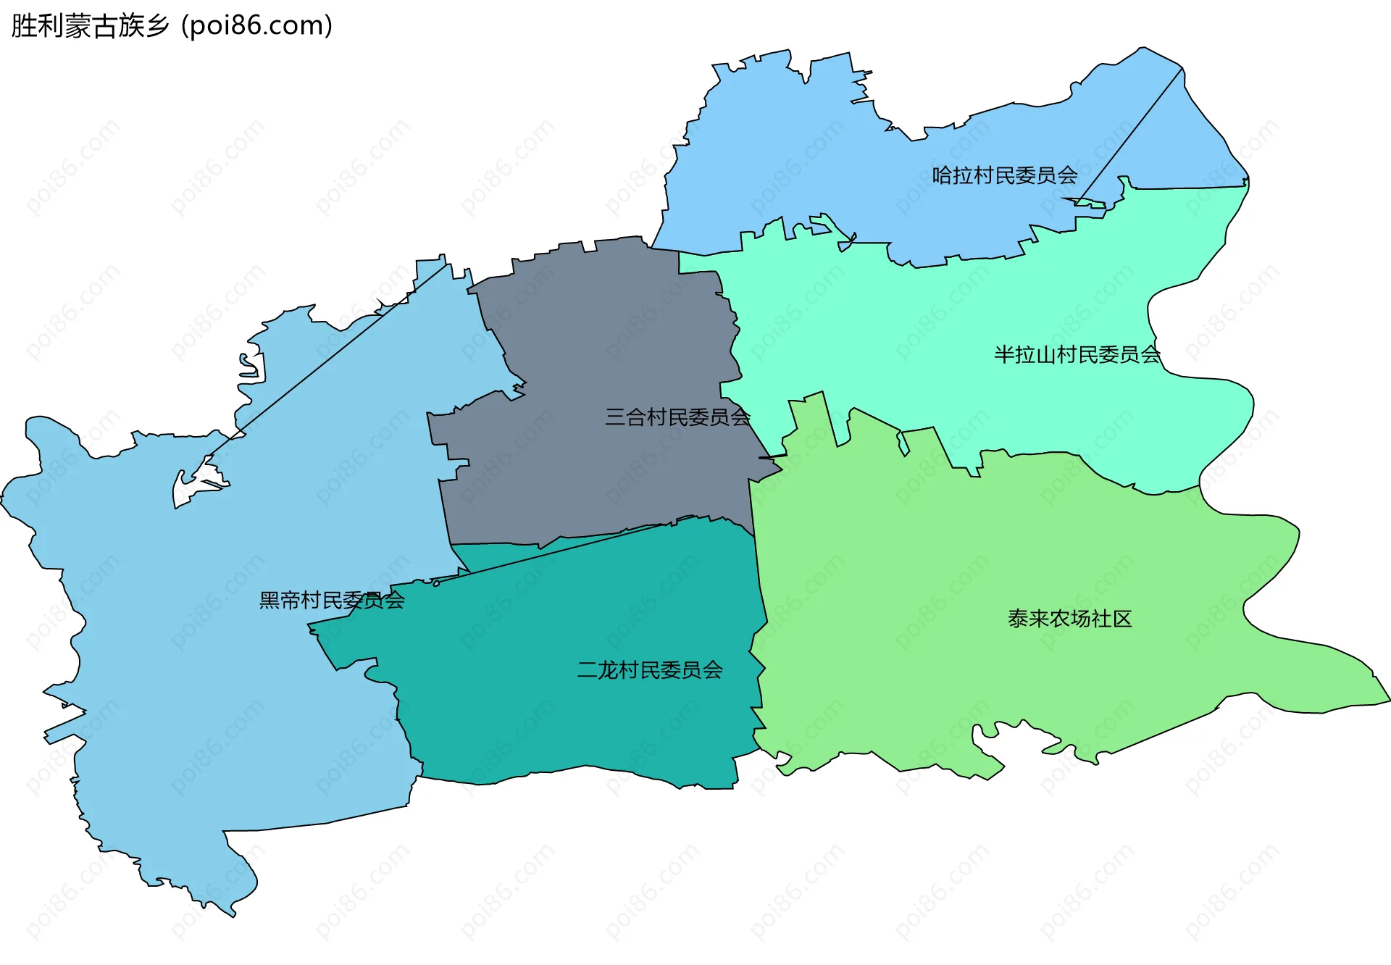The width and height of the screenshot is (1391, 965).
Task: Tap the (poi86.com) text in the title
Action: pos(256,26)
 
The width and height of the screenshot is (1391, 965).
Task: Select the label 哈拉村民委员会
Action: pos(1004,175)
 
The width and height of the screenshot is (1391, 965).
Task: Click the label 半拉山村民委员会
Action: pos(1077,355)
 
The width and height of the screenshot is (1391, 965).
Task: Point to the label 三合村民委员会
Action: pos(677,417)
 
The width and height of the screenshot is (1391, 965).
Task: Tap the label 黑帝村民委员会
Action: pos(332,601)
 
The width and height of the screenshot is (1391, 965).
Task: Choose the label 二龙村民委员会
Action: pos(650,670)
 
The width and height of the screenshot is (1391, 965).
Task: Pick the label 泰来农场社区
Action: pos(1069,619)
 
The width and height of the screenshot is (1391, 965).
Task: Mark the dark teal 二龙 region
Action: pos(580,724)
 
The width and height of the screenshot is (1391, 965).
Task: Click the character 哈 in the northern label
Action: pos(942,175)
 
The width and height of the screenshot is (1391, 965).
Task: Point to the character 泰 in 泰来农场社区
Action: pos(1018,619)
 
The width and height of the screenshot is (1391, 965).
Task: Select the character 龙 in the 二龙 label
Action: pos(608,670)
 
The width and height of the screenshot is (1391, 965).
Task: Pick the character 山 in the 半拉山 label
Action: pos(1045,355)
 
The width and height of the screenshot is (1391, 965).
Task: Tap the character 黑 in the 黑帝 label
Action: pos(270,601)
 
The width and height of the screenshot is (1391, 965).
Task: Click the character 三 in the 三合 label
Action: pos(615,417)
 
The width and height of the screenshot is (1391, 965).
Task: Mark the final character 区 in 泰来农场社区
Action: pos(1121,619)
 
